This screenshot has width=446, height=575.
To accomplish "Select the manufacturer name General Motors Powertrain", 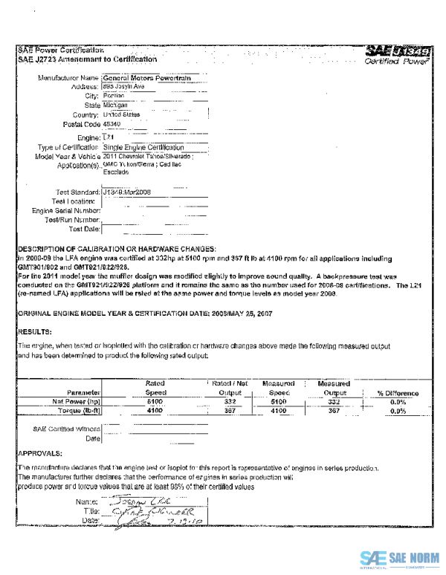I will click(x=139, y=77).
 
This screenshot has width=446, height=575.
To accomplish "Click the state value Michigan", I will click(x=115, y=105).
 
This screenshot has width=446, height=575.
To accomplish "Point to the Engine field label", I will click(x=88, y=138).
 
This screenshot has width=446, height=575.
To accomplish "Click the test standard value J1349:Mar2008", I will click(x=127, y=192).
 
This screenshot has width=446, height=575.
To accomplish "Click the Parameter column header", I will click(x=83, y=392).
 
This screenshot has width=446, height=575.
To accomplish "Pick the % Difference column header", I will click(x=398, y=393).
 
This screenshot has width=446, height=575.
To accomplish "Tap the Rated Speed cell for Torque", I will click(x=155, y=410).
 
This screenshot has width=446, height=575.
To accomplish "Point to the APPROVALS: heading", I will click(x=40, y=452).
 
